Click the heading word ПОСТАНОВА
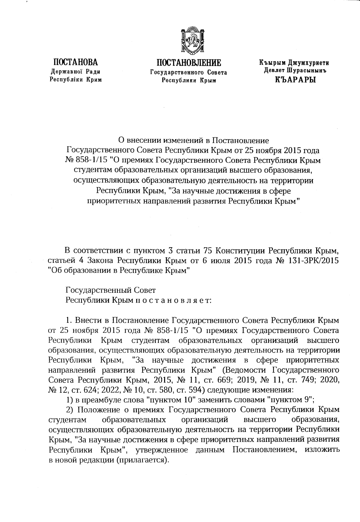[x=75, y=62]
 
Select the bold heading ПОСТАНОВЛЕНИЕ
[x=189, y=63]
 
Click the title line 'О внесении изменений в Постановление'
[x=192, y=140]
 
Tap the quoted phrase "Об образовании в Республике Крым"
[x=119, y=270]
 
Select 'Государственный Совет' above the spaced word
[x=111, y=290]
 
